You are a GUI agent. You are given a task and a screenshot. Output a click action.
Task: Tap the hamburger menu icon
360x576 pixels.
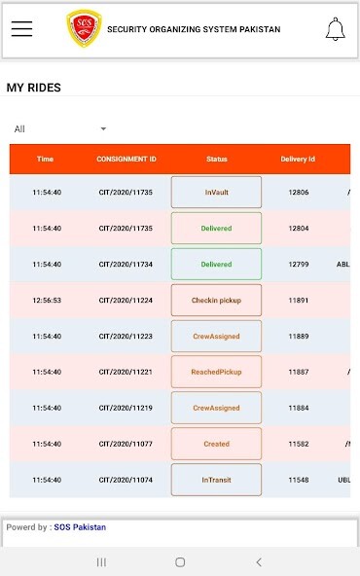pyautogui.click(x=21, y=29)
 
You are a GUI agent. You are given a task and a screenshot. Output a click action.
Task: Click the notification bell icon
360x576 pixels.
pyautogui.click(x=335, y=29)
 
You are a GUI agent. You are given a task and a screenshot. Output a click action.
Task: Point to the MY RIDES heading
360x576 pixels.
pyautogui.click(x=34, y=88)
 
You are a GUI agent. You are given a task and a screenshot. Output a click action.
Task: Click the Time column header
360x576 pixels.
pyautogui.click(x=46, y=159)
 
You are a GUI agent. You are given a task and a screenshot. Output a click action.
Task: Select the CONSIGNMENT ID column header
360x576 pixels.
pyautogui.click(x=126, y=159)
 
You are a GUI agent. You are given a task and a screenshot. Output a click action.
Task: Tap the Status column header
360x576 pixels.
pyautogui.click(x=216, y=159)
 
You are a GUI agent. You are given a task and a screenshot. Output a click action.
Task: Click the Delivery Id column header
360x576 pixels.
pyautogui.click(x=298, y=159)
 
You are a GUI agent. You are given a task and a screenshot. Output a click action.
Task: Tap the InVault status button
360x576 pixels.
pyautogui.click(x=216, y=193)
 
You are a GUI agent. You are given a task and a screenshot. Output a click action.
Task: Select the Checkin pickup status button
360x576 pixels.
pyautogui.click(x=216, y=301)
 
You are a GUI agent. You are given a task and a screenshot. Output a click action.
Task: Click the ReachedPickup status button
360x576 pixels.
pyautogui.click(x=216, y=372)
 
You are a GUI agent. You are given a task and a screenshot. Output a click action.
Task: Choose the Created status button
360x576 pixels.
pyautogui.click(x=216, y=444)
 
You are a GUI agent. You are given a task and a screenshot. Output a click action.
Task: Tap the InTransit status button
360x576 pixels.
pyautogui.click(x=216, y=480)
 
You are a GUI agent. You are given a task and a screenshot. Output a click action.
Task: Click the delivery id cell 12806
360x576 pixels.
pyautogui.click(x=299, y=193)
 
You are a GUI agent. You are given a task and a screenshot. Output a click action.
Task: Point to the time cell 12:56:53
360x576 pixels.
pyautogui.click(x=47, y=301)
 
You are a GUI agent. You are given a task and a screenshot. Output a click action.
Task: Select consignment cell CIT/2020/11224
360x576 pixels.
pyautogui.click(x=126, y=301)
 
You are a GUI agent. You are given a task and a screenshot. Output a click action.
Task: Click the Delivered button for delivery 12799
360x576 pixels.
pyautogui.click(x=216, y=265)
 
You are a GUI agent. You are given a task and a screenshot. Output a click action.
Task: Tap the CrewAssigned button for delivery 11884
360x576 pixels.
pyautogui.click(x=216, y=408)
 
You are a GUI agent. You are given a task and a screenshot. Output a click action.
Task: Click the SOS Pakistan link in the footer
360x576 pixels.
pyautogui.click(x=80, y=527)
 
